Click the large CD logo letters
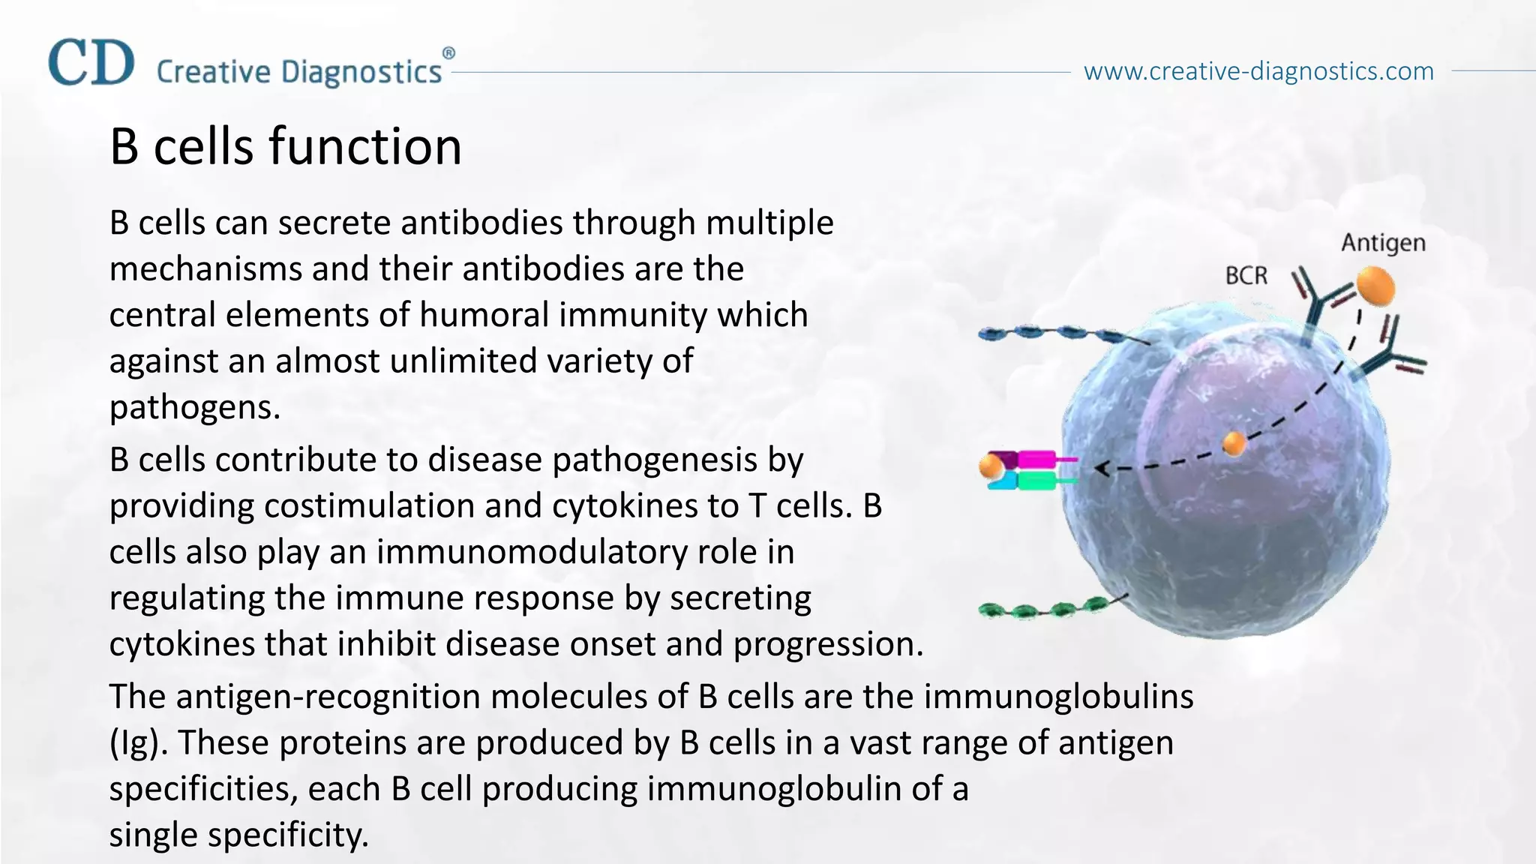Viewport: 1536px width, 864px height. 91,63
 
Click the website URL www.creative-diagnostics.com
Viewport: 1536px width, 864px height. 1258,71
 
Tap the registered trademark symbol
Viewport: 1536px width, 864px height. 448,53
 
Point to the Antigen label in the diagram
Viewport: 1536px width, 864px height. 1383,243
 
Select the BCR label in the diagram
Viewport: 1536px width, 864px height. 1246,276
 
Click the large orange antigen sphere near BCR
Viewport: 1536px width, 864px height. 1374,286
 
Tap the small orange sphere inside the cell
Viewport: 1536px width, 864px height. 1234,443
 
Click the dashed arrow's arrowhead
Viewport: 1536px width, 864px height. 1102,469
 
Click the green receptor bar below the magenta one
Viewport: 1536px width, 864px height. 1036,480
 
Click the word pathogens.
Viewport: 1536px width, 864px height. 194,408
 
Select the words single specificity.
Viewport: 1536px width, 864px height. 238,835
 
